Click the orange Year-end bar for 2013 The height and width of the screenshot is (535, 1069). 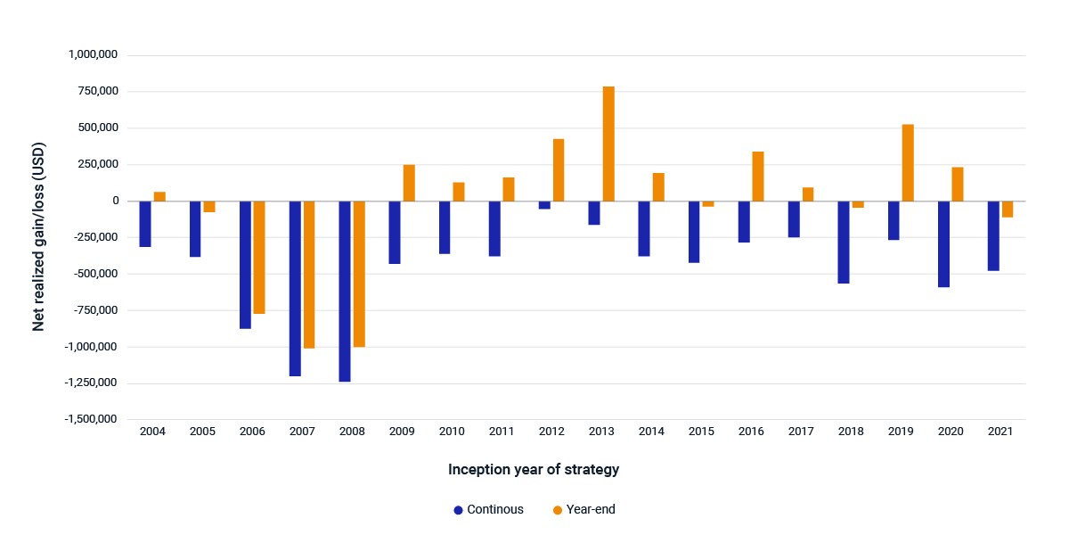(608, 144)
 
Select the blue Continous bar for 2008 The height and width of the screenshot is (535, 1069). (345, 292)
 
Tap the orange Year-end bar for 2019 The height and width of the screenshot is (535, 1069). (908, 163)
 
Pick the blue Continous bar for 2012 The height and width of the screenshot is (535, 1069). (544, 205)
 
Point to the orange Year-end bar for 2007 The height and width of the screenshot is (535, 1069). (309, 275)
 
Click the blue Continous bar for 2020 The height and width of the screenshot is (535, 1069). (943, 244)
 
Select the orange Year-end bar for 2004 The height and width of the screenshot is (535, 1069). (159, 196)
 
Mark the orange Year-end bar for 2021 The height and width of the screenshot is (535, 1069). (1008, 210)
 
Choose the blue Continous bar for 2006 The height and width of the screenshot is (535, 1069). (245, 265)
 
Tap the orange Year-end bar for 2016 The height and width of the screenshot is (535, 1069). (758, 177)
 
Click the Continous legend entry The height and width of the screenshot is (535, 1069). (488, 510)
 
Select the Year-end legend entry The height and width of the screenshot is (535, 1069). (583, 510)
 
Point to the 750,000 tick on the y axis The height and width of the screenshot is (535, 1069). (98, 91)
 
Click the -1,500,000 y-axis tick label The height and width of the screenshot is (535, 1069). (91, 419)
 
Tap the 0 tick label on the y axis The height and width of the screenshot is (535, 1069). (116, 201)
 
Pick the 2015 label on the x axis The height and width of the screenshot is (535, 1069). (701, 432)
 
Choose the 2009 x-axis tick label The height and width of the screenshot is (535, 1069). (402, 432)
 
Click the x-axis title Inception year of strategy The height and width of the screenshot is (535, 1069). (534, 470)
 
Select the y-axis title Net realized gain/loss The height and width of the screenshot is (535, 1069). (38, 236)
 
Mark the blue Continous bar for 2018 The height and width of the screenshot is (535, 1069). (844, 243)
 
